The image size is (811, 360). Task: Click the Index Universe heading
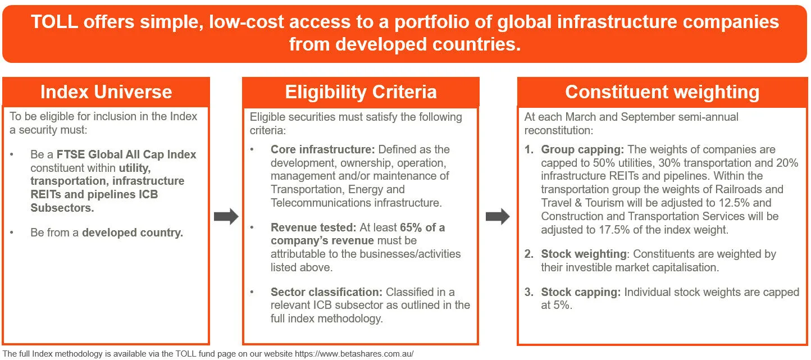click(x=106, y=92)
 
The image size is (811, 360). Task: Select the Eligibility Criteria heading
click(x=361, y=92)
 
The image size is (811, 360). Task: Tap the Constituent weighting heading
click(x=662, y=92)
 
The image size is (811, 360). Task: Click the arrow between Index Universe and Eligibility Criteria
click(x=226, y=217)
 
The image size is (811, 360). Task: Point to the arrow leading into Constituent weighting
click(x=498, y=217)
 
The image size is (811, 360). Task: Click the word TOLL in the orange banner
click(x=54, y=22)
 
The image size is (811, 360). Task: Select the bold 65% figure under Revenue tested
click(x=411, y=227)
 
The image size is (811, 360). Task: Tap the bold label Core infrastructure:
click(x=322, y=149)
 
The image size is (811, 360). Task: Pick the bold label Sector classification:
click(x=326, y=292)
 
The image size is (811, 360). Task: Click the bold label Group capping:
click(x=582, y=149)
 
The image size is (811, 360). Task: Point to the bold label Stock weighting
click(x=584, y=254)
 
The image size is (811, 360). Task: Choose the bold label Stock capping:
click(x=581, y=292)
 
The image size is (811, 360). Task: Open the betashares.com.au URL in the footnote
click(x=354, y=354)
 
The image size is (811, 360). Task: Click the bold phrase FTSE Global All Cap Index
click(x=126, y=154)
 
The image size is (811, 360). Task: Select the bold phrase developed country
click(x=133, y=233)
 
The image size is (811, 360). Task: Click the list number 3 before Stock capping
click(x=528, y=292)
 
